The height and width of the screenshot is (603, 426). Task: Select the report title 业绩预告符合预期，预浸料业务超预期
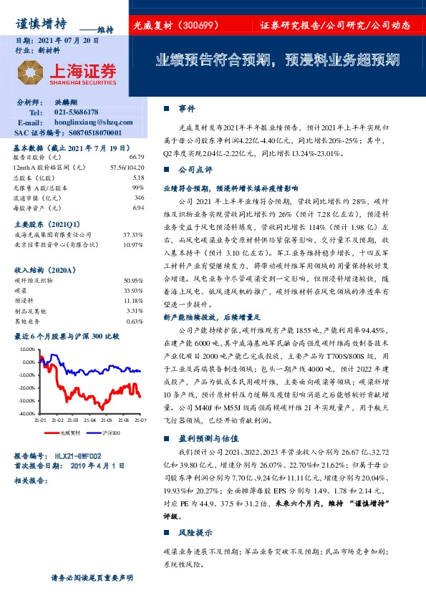pos(278,60)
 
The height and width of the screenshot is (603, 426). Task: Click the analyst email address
pos(90,122)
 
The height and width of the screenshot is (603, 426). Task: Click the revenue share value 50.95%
pos(134,281)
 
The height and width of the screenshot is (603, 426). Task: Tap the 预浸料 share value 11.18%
pos(134,301)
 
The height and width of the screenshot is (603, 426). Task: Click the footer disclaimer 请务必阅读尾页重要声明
pos(92,577)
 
